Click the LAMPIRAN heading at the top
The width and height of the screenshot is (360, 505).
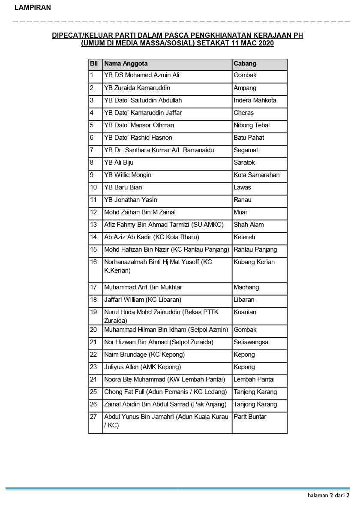click(33, 7)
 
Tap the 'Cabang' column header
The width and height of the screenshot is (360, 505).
click(245, 63)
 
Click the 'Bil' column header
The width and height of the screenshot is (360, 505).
click(94, 63)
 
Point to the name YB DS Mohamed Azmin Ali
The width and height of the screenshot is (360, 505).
click(141, 75)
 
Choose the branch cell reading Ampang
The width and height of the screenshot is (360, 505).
click(245, 88)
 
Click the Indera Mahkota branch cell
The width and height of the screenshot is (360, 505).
click(255, 100)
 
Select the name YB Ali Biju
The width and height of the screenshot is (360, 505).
click(119, 162)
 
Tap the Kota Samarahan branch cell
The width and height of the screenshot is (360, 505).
click(256, 175)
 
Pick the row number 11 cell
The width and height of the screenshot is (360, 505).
click(93, 200)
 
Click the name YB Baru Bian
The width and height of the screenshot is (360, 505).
click(123, 187)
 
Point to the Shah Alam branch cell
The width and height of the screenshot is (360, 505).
click(249, 225)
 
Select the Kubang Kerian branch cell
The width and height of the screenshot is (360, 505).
click(254, 262)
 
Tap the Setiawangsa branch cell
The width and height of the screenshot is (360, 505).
click(251, 342)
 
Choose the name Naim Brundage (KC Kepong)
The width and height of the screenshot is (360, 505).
click(144, 355)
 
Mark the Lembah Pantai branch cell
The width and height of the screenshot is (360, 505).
click(254, 379)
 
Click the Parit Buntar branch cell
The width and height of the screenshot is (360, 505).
click(250, 417)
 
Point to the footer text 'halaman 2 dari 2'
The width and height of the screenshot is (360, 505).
click(328, 496)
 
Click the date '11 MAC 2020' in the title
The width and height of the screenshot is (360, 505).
click(254, 43)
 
